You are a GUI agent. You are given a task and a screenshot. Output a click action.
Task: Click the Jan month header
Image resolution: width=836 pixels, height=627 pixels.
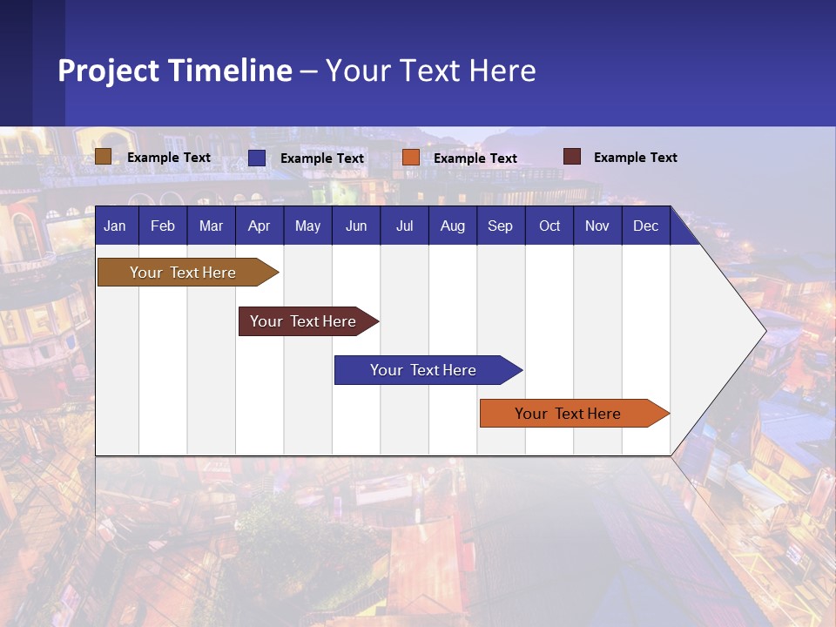pyautogui.click(x=115, y=226)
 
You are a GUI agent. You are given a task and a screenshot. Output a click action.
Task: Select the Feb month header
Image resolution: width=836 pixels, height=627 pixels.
pyautogui.click(x=163, y=226)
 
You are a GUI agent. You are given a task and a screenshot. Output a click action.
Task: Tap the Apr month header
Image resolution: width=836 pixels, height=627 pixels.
pyautogui.click(x=259, y=226)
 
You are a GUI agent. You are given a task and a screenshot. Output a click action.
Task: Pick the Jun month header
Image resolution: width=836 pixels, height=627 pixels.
pyautogui.click(x=356, y=226)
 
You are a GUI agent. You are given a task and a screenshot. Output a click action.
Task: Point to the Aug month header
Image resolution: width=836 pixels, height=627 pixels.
pyautogui.click(x=453, y=226)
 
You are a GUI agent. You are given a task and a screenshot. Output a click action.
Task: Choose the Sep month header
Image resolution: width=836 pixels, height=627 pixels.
pyautogui.click(x=500, y=226)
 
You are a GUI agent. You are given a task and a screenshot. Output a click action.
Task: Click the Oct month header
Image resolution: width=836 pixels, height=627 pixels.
pyautogui.click(x=549, y=226)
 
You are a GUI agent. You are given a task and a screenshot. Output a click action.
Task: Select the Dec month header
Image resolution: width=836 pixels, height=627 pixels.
pyautogui.click(x=646, y=226)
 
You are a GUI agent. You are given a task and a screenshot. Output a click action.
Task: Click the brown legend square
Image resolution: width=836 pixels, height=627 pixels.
pyautogui.click(x=103, y=157)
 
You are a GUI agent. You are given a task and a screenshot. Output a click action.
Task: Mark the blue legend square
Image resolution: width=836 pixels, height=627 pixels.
pyautogui.click(x=257, y=158)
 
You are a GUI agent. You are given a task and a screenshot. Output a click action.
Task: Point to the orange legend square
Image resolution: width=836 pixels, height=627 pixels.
pyautogui.click(x=411, y=158)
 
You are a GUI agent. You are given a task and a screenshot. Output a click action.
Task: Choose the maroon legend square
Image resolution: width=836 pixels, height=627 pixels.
pyautogui.click(x=572, y=157)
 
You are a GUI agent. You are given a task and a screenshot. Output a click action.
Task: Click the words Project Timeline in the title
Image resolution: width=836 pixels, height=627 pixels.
pyautogui.click(x=175, y=71)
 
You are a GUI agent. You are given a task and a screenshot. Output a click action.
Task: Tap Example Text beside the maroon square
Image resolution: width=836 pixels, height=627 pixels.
pyautogui.click(x=635, y=158)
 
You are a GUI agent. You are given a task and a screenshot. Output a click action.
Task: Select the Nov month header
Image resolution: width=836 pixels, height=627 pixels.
pyautogui.click(x=597, y=226)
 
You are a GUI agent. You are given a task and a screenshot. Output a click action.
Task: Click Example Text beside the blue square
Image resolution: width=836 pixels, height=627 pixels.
pyautogui.click(x=322, y=158)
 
